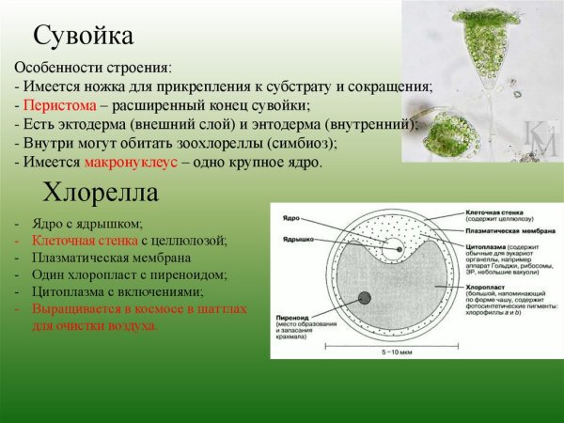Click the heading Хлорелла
[x=100, y=195]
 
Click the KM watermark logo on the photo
[x=540, y=139]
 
